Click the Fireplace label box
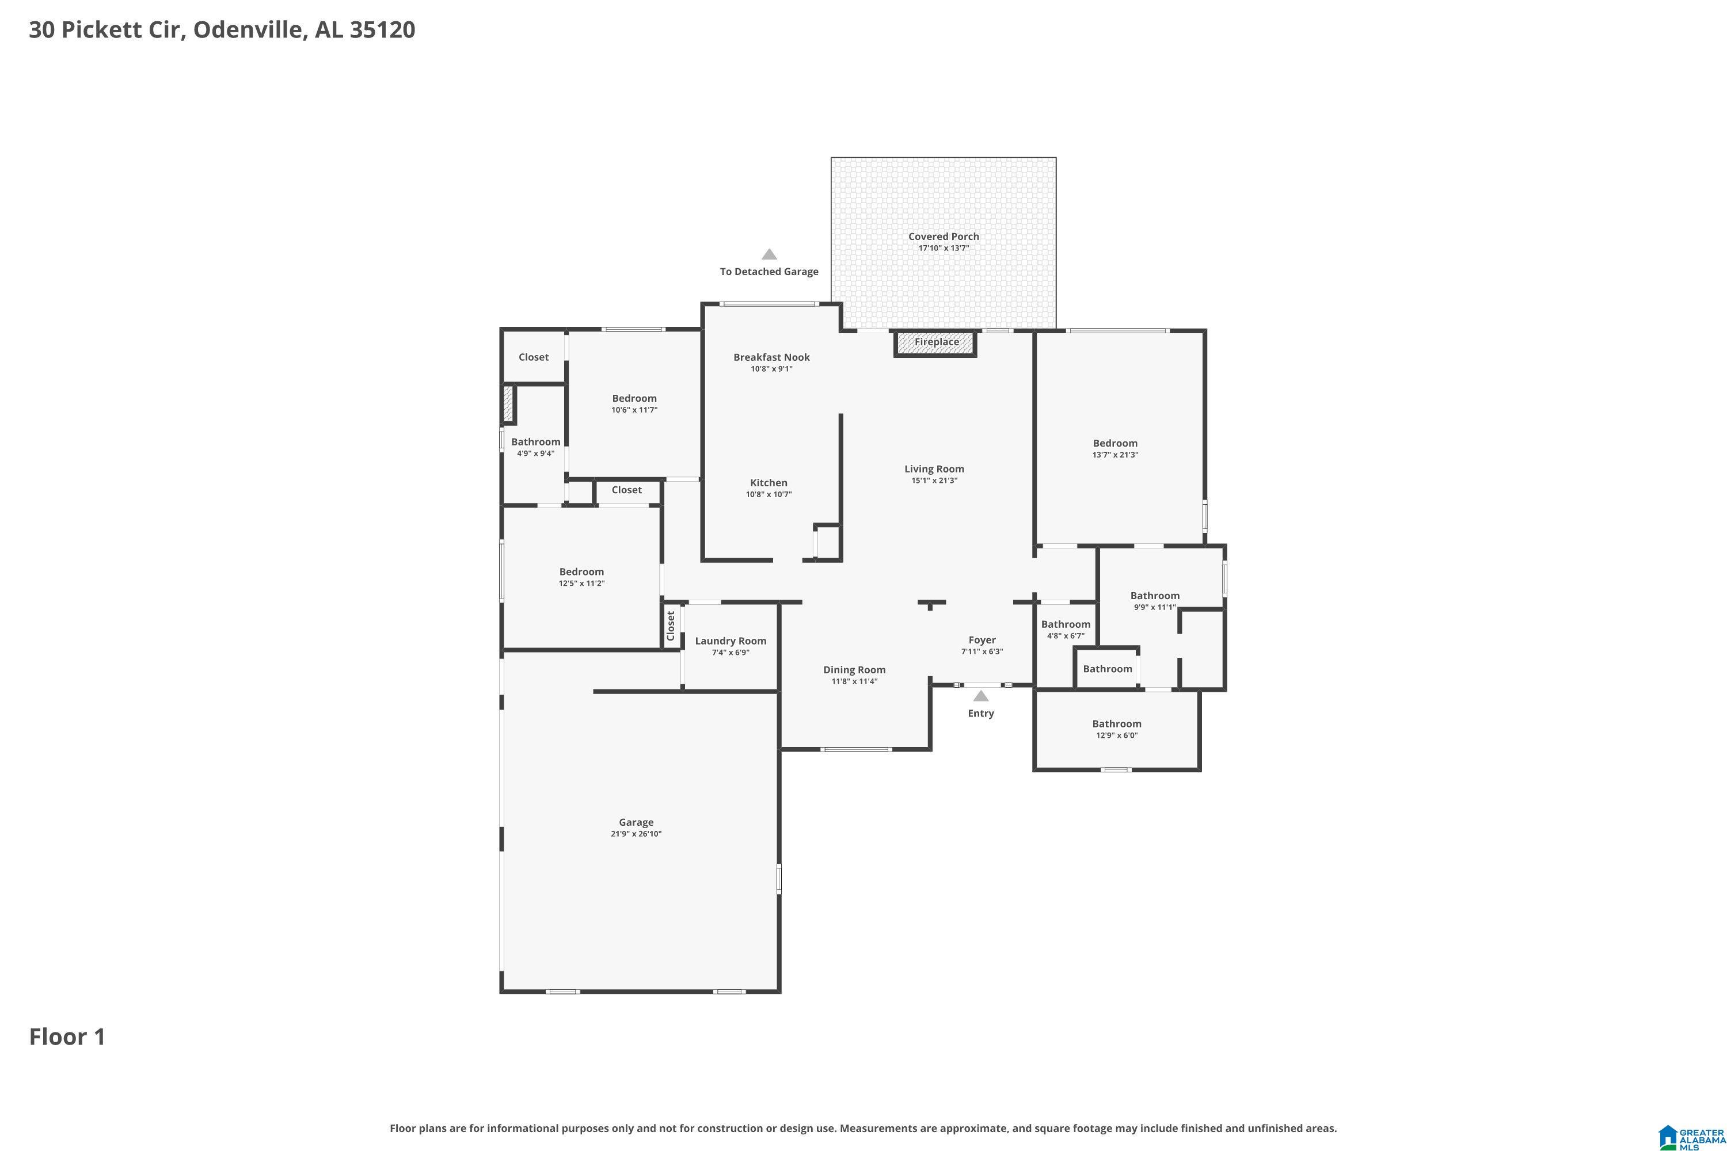pyautogui.click(x=935, y=342)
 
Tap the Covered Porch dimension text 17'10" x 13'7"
pyautogui.click(x=944, y=248)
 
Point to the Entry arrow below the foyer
pyautogui.click(x=980, y=696)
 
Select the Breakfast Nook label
pyautogui.click(x=771, y=357)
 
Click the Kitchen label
pyautogui.click(x=768, y=483)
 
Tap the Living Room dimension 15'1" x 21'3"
pyautogui.click(x=934, y=481)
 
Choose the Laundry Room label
pyautogui.click(x=730, y=641)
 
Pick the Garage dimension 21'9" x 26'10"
pyautogui.click(x=636, y=834)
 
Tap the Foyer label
pyautogui.click(x=982, y=640)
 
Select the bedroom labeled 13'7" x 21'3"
pyautogui.click(x=1114, y=443)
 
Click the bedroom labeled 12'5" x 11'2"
pyautogui.click(x=581, y=572)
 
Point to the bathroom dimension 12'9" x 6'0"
pyautogui.click(x=1116, y=735)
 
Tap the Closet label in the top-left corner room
pyautogui.click(x=533, y=357)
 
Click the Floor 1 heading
pyautogui.click(x=67, y=1036)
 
